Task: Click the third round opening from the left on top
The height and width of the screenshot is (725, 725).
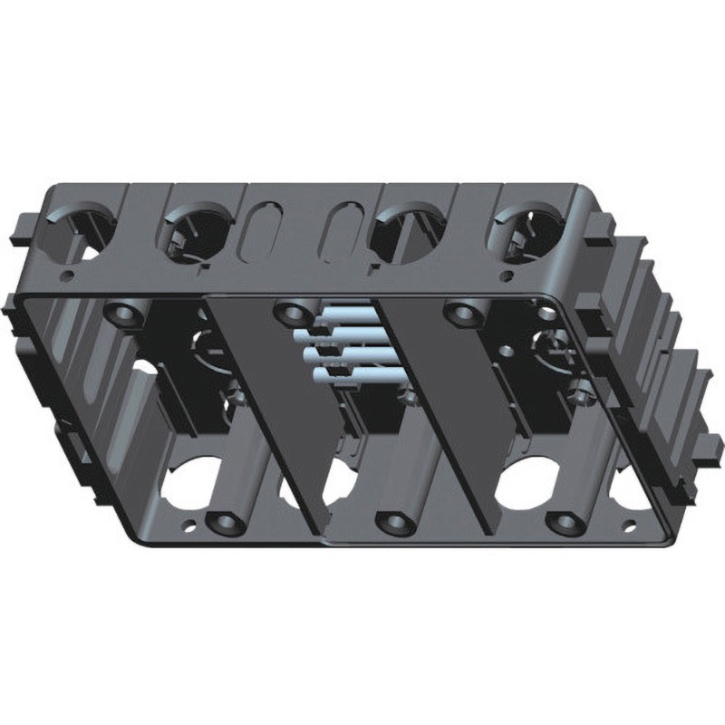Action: (409, 233)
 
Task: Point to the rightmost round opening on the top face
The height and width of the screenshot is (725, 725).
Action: (527, 233)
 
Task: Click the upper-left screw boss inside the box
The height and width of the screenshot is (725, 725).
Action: (121, 314)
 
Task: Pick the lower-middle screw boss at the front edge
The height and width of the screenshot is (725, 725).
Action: (392, 523)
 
